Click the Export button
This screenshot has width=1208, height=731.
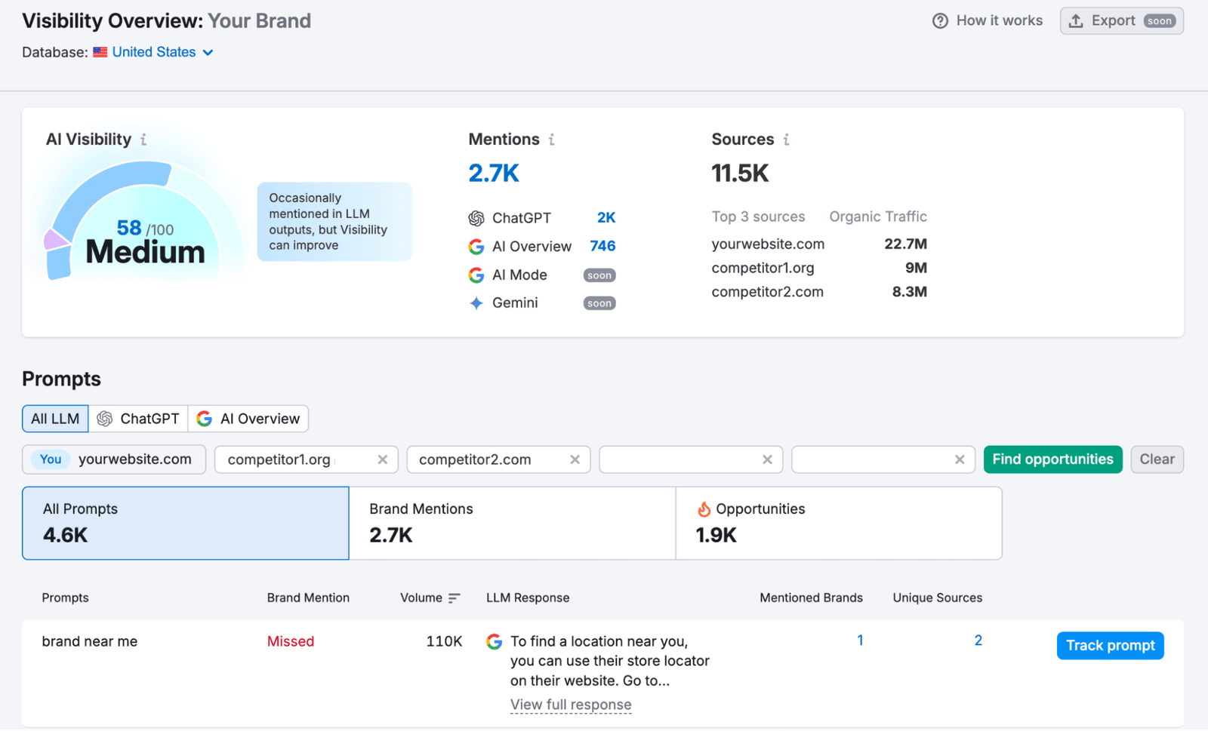(x=1120, y=21)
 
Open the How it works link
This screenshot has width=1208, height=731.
(x=988, y=21)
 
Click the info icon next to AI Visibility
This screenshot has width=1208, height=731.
(x=143, y=140)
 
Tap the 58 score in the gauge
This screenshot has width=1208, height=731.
(x=129, y=228)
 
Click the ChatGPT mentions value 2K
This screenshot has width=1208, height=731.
(x=606, y=218)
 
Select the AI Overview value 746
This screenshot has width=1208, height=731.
(x=602, y=246)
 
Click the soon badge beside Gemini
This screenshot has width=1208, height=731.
(x=599, y=303)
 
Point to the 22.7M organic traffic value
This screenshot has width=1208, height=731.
(x=905, y=244)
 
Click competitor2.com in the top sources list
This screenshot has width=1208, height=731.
(x=767, y=292)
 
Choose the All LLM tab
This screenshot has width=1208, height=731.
(x=55, y=419)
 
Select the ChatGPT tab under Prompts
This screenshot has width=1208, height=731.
(x=139, y=419)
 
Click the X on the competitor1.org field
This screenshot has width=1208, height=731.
(x=383, y=459)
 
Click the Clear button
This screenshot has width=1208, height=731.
(x=1156, y=459)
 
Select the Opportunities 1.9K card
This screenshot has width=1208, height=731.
(x=838, y=523)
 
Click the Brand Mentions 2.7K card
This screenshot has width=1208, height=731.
(x=512, y=523)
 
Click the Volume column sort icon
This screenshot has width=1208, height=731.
(x=454, y=598)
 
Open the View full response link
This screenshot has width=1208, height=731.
(x=571, y=705)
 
